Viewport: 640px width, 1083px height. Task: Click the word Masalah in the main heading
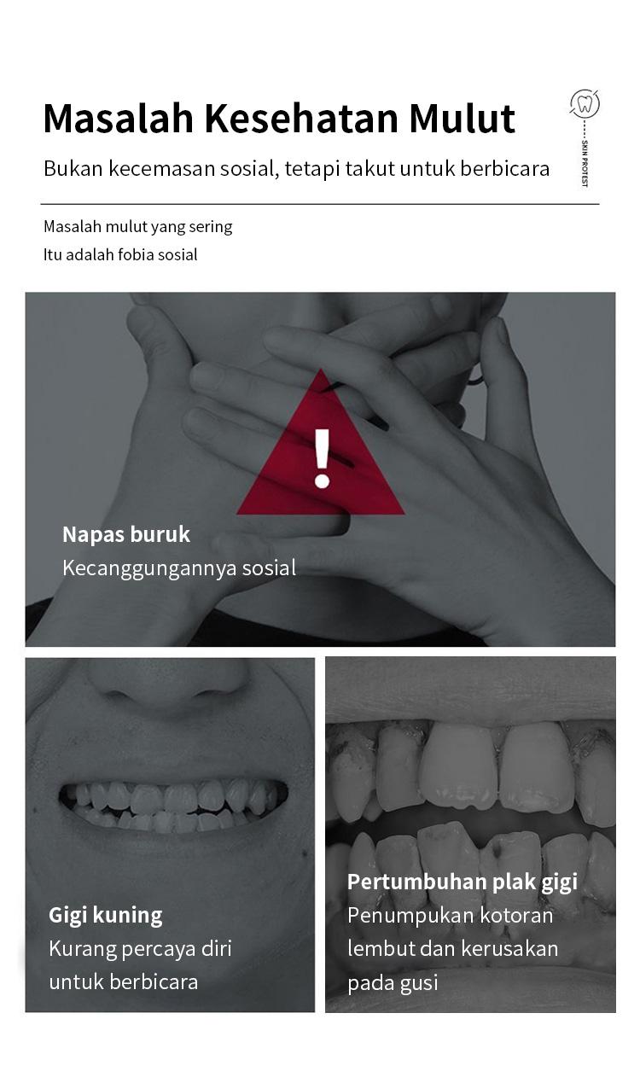[x=119, y=118]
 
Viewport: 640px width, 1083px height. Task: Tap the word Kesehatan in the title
[x=302, y=118]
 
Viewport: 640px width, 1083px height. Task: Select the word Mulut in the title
[x=463, y=118]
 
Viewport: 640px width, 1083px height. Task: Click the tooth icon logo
[x=585, y=104]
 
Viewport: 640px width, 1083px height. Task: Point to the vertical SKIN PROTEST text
[x=585, y=163]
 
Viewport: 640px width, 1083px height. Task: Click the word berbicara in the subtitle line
[x=504, y=168]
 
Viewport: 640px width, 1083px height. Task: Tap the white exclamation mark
[x=322, y=457]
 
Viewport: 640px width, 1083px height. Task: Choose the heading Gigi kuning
[x=105, y=916]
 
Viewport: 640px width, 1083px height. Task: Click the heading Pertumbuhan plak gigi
[x=463, y=882]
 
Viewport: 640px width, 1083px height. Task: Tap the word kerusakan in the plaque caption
[x=509, y=949]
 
